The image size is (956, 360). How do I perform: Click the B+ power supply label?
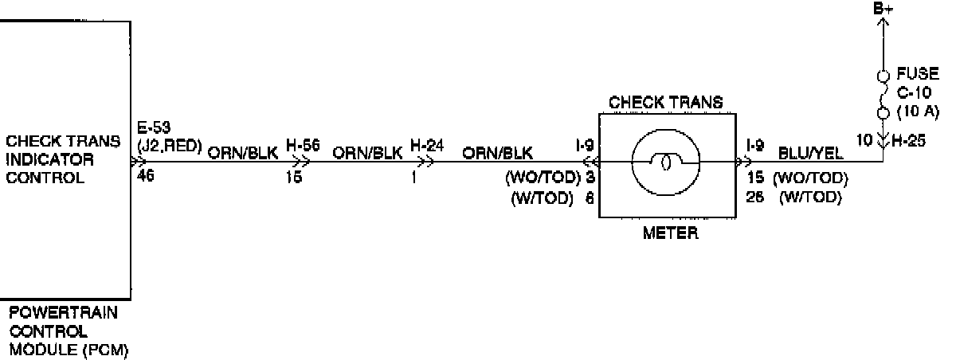[x=882, y=9]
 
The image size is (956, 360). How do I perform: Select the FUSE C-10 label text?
[x=917, y=83]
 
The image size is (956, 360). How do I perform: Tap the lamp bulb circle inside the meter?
[x=665, y=162]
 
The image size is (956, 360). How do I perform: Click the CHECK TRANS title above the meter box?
[x=665, y=102]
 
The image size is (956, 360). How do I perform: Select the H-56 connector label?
[x=302, y=147]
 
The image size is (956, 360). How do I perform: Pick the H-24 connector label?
[x=423, y=147]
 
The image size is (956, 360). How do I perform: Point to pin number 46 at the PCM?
[x=146, y=175]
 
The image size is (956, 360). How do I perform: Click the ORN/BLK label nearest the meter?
[x=499, y=152]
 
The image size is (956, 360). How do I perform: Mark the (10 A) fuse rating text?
[x=918, y=110]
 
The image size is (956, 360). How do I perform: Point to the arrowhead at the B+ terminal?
[x=882, y=24]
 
